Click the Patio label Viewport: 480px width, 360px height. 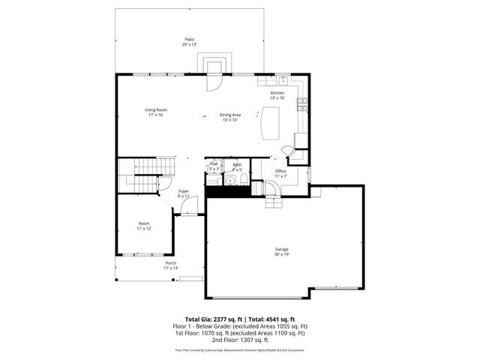click(189, 39)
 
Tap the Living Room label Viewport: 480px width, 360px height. click(155, 110)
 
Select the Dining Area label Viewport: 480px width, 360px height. click(229, 115)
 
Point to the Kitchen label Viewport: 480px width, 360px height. click(277, 93)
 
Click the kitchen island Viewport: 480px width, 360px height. click(269, 123)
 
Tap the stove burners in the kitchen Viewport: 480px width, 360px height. click(301, 106)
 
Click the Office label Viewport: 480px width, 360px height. click(280, 172)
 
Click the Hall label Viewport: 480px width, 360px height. click(214, 163)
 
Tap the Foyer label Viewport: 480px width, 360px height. click(184, 191)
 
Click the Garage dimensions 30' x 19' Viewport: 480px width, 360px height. click(282, 254)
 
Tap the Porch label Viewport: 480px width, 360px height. click(171, 263)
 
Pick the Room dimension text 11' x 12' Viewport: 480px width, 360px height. click(144, 228)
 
